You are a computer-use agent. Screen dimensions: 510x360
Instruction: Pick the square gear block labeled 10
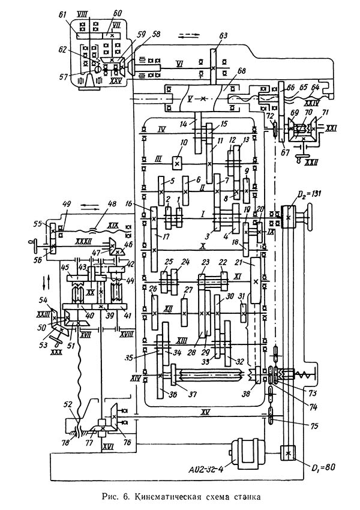coord(177,163)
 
